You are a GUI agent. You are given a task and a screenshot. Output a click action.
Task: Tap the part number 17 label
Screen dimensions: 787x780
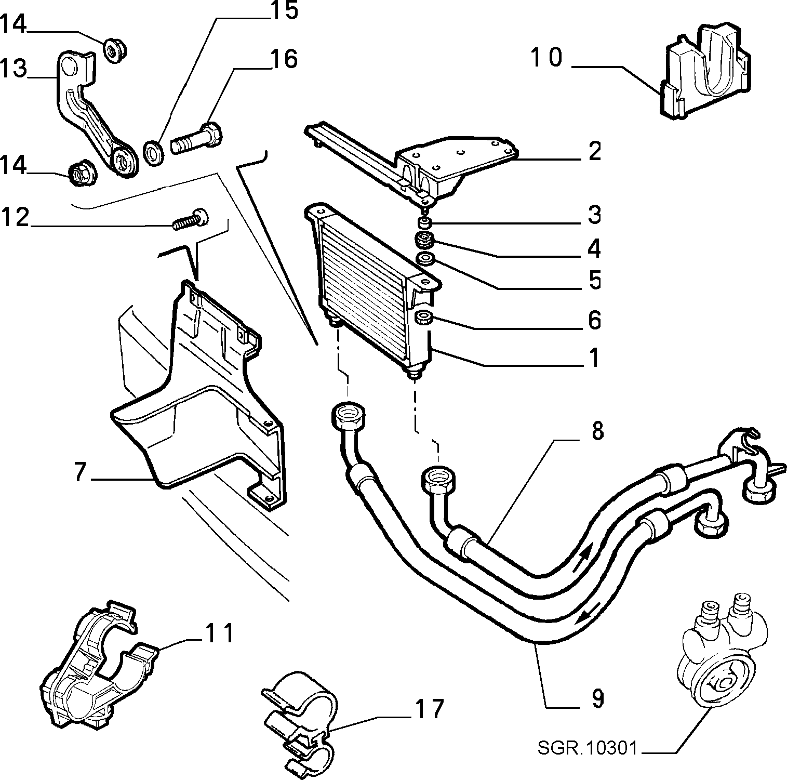coord(429,709)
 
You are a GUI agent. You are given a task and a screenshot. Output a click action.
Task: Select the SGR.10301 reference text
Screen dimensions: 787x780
coord(587,749)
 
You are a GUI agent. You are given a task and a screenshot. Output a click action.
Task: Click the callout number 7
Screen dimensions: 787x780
coord(79,471)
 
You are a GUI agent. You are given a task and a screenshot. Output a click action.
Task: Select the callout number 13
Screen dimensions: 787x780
coord(12,69)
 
